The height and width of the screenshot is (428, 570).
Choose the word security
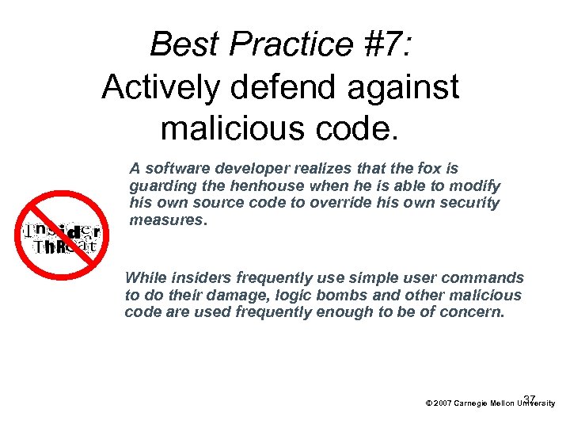coord(471,203)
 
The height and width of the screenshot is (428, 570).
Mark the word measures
coord(168,220)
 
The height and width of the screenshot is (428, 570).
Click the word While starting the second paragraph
coord(145,277)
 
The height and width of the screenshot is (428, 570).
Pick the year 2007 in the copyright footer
coord(443,403)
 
